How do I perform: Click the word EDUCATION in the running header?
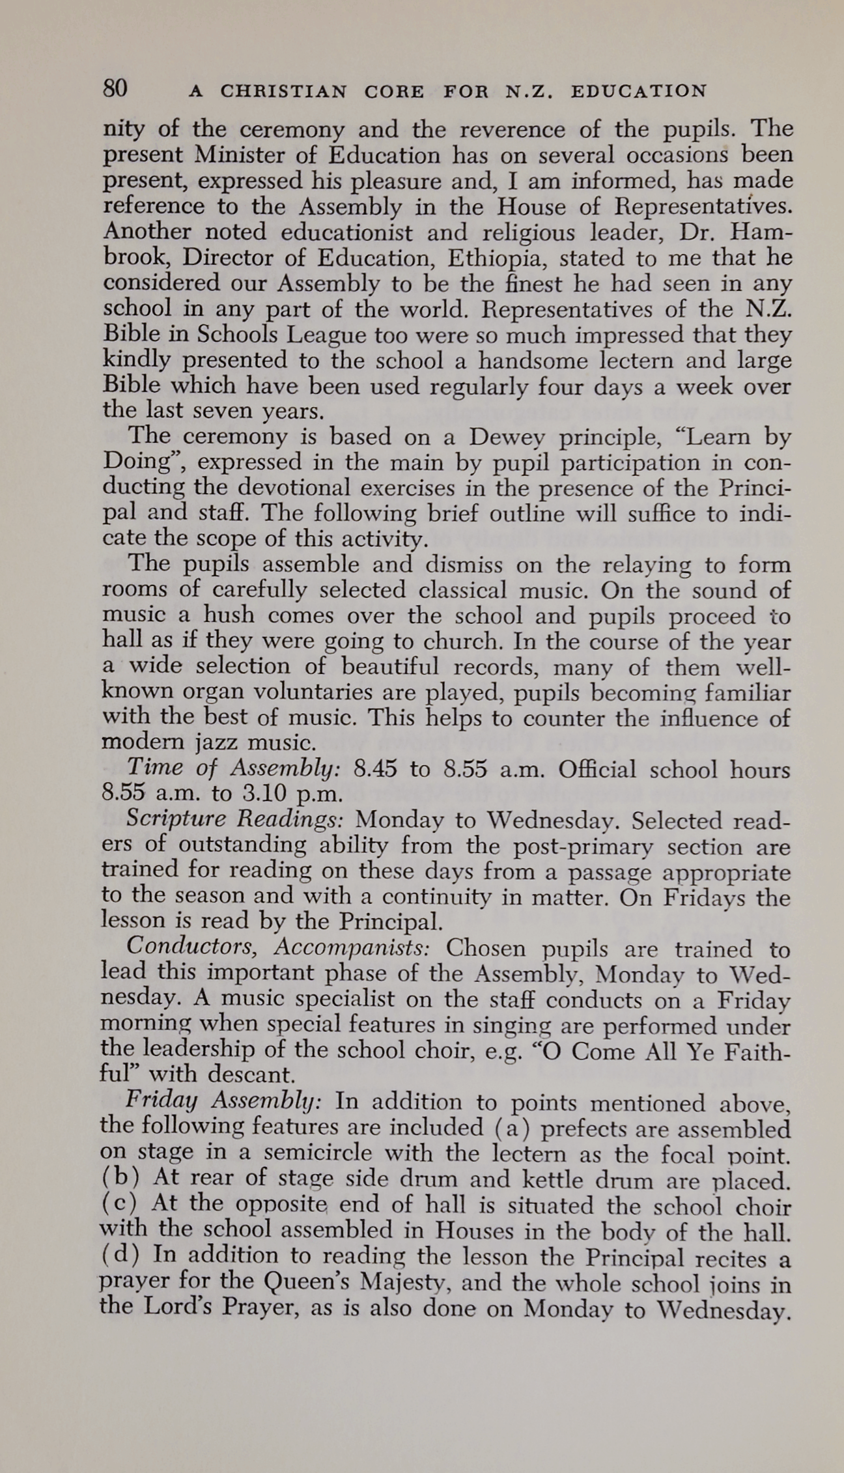[x=638, y=91]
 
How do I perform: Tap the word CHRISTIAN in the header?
[x=283, y=91]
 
